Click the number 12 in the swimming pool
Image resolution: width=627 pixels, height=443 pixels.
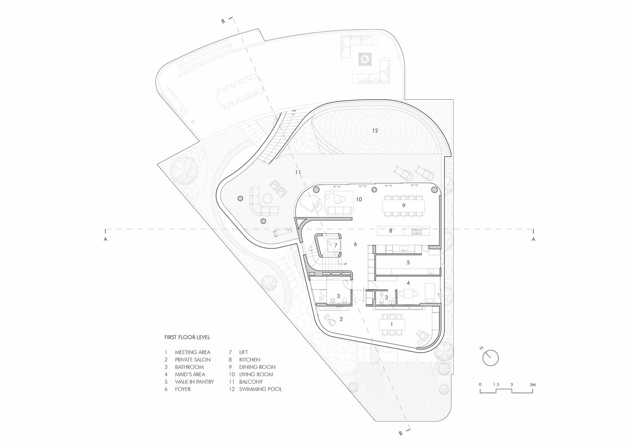[x=375, y=131]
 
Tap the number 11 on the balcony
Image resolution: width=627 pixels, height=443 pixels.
[x=298, y=172]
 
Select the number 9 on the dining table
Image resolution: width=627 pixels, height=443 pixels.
[x=404, y=206]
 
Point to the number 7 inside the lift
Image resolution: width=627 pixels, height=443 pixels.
[x=336, y=245]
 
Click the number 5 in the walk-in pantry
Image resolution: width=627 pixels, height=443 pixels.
[x=408, y=263]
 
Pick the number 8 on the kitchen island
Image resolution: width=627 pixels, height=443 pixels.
[x=391, y=231]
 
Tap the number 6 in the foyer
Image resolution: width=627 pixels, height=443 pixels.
[x=355, y=244]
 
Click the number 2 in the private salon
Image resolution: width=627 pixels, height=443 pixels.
[x=341, y=319]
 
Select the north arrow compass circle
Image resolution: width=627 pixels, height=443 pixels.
[x=490, y=358]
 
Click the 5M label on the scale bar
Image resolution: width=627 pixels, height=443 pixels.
[x=533, y=385]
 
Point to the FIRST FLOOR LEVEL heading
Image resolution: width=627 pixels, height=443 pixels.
[x=187, y=338]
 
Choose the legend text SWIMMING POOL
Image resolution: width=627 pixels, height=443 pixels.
[x=260, y=389]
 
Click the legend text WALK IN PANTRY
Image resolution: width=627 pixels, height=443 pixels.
[x=195, y=382]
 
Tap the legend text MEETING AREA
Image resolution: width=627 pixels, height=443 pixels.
[x=192, y=352]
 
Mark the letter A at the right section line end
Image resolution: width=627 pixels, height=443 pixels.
[x=533, y=239]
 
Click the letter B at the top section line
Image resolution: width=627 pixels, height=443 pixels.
[x=223, y=21]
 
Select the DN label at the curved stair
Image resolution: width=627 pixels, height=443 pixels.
[x=294, y=111]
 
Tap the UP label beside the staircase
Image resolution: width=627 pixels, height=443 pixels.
[x=345, y=264]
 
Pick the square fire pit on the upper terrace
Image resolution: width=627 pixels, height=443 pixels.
[x=365, y=59]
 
